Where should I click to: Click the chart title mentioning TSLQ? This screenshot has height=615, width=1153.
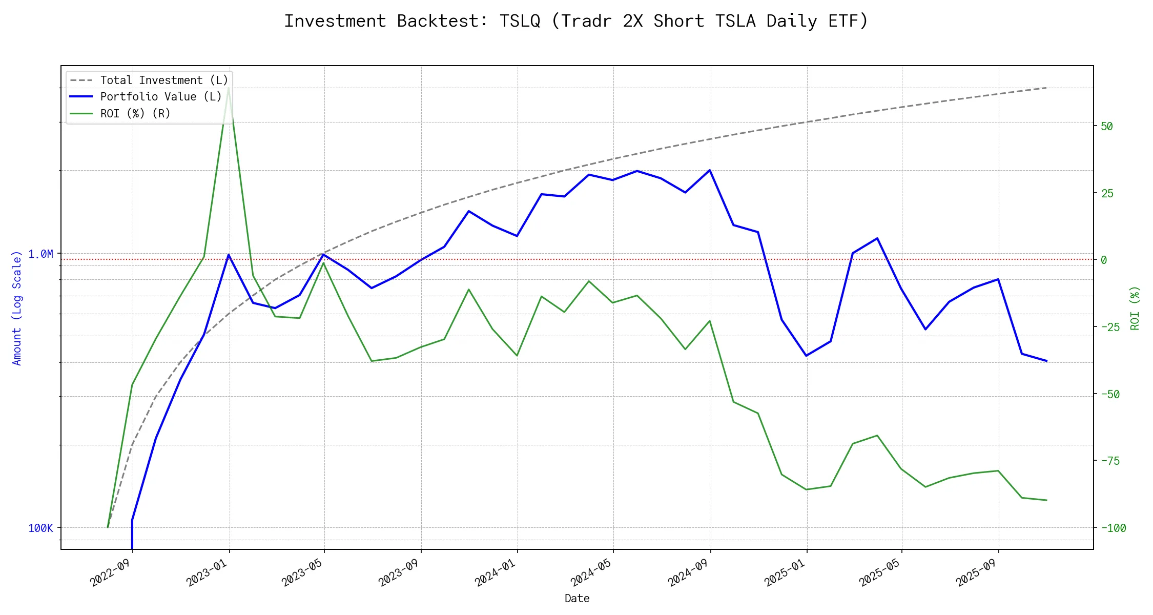576,21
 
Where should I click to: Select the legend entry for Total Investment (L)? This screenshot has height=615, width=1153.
164,80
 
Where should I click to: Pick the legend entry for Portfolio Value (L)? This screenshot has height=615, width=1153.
161,97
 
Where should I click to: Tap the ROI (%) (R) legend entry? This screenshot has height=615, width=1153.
135,113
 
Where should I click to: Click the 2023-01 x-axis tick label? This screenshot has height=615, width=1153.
208,572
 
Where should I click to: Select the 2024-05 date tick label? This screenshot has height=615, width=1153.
592,572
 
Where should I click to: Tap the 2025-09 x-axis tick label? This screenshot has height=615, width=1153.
977,572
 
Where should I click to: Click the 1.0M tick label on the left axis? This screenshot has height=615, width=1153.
40,254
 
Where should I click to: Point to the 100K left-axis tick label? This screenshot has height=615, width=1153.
40,528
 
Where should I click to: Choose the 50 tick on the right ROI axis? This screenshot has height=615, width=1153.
1107,126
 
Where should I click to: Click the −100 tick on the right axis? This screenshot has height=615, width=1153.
1110,528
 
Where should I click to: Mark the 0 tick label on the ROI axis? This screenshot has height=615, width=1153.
1104,260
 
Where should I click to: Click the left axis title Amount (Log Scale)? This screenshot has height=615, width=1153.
17,307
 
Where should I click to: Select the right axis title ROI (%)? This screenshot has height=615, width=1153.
1135,307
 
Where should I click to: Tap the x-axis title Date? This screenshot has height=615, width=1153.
577,598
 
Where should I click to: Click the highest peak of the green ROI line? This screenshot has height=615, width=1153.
229,88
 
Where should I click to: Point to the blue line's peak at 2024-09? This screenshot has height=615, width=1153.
710,170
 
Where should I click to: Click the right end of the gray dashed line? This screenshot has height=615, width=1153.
1046,88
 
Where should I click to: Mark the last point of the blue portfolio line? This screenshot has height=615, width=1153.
1046,361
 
